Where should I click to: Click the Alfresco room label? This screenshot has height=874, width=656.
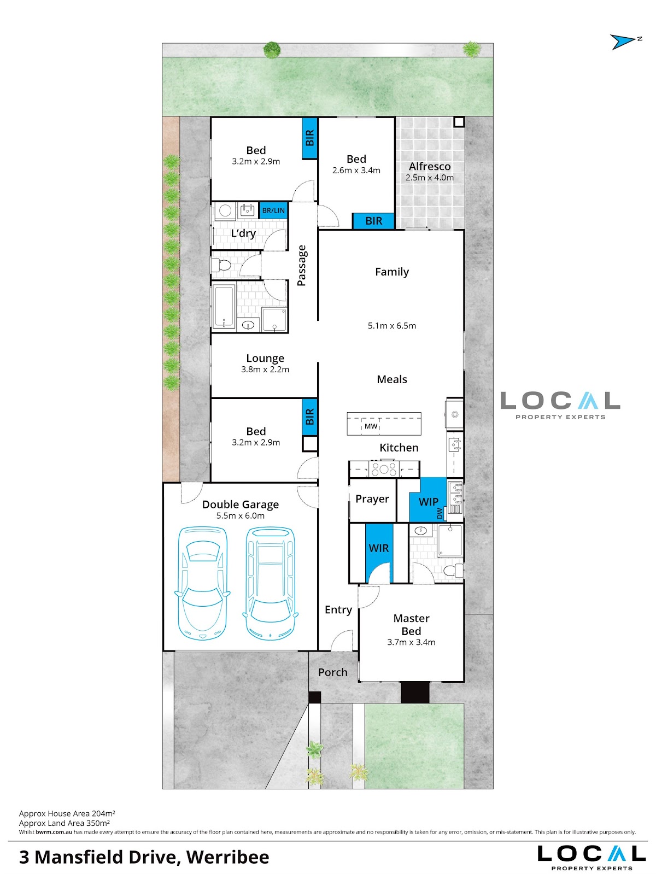430,167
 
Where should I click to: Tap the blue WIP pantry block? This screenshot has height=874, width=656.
427,500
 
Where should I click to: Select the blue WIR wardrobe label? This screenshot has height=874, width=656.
378,548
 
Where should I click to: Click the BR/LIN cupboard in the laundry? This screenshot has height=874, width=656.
273,210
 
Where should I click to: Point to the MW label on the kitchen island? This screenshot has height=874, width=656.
371,426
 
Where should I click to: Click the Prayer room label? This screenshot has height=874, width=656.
372,499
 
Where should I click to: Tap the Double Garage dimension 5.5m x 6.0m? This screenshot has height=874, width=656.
241,515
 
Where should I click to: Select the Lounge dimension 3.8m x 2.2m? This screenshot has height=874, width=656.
265,369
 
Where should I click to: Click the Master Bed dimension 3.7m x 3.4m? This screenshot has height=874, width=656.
411,642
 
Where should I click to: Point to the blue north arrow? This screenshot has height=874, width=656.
623,42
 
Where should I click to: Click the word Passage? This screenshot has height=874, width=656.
302,266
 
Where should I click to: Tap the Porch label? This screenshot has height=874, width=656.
333,672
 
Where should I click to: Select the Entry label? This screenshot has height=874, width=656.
338,610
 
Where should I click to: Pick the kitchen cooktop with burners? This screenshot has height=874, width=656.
384,468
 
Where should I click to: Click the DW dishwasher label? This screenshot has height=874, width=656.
440,513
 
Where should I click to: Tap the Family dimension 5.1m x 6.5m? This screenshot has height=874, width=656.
392,326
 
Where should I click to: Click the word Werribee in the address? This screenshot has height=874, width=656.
228,857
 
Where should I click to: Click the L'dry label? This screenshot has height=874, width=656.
243,233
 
